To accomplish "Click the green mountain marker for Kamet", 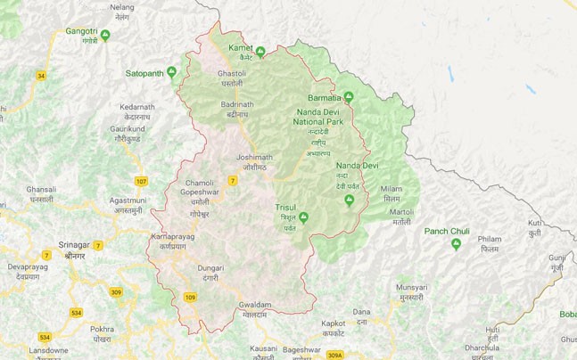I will (x=260, y=52).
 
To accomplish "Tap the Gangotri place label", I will (x=81, y=31).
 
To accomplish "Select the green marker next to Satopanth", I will (x=171, y=71).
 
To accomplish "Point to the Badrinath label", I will (x=236, y=104).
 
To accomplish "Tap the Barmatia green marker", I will (x=349, y=96).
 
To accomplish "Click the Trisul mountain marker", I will (x=303, y=217).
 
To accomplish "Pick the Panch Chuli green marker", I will (x=456, y=243).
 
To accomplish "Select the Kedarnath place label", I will (x=137, y=107).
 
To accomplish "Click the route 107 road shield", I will (x=141, y=182).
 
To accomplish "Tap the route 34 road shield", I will (x=41, y=76).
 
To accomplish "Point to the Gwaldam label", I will (x=254, y=305).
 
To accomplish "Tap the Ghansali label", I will (x=41, y=190).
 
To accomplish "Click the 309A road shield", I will (x=334, y=356).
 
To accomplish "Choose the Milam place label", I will (x=392, y=189).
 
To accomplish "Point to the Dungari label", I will (x=210, y=268).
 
